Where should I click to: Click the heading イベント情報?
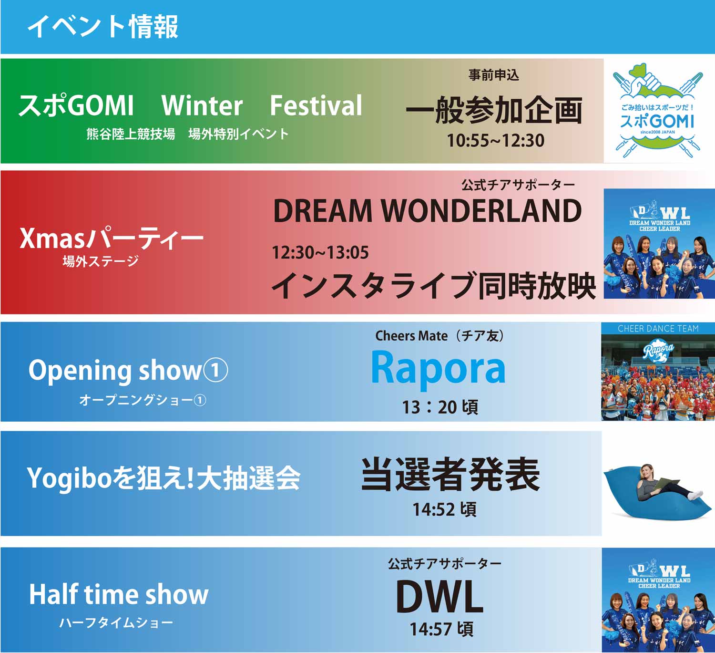tap(103, 26)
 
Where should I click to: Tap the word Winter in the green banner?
tap(202, 105)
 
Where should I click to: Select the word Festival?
tap(316, 105)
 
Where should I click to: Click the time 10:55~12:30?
tap(496, 141)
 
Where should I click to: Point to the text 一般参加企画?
tap(494, 110)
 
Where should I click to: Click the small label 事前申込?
tap(494, 75)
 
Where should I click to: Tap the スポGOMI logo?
tap(658, 110)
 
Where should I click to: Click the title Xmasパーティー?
tap(112, 238)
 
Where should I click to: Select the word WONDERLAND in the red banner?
tap(481, 211)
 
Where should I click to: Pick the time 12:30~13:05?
tap(320, 252)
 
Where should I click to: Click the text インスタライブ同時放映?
tap(434, 285)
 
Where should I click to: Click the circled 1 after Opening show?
tap(215, 371)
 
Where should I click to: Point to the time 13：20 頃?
tap(440, 407)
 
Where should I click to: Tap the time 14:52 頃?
tap(444, 509)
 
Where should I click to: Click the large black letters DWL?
tap(439, 596)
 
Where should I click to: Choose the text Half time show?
tap(119, 595)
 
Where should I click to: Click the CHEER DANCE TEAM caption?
tap(658, 328)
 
